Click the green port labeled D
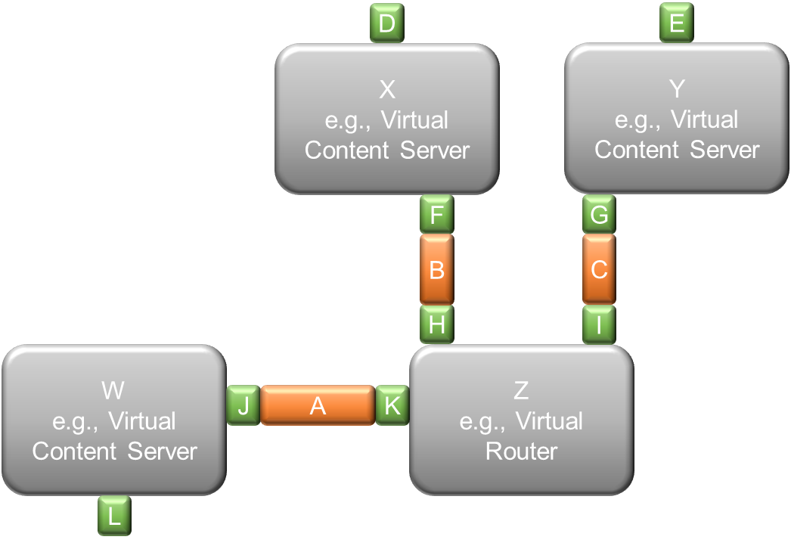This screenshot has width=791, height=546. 387,23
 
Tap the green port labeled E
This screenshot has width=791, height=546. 677,23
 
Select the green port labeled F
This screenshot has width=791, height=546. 437,215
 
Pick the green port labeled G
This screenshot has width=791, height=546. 599,215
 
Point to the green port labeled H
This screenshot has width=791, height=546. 437,324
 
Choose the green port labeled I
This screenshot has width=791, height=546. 599,324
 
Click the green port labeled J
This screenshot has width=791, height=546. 244,405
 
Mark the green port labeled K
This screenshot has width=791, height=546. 392,405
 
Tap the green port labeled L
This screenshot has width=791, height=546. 114,516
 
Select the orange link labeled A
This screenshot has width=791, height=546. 318,405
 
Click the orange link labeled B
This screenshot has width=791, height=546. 437,269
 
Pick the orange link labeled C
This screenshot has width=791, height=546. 599,269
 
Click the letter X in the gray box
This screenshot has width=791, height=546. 387,90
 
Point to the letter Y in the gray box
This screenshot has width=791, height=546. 677,89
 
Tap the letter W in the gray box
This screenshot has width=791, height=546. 113,390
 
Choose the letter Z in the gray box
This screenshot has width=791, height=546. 521,390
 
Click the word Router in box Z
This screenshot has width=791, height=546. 521,451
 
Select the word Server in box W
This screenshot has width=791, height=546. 162,451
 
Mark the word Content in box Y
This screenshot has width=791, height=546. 636,150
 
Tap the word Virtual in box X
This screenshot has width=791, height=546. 414,120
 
